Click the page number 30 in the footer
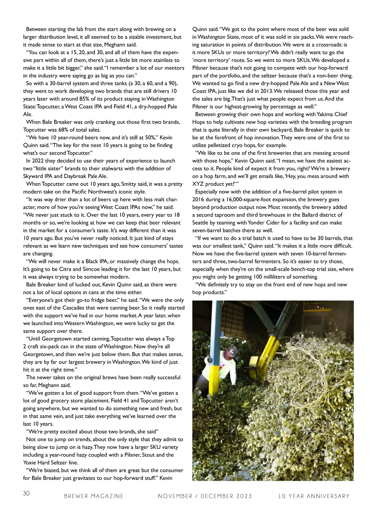pyautogui.click(x=26, y=493)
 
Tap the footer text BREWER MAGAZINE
pyautogui.click(x=94, y=496)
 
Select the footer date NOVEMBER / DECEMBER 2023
pyautogui.click(x=205, y=496)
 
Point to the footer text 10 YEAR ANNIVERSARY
pyautogui.click(x=314, y=496)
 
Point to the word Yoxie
pyautogui.click(x=30, y=463)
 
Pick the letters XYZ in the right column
pyautogui.click(x=198, y=184)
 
